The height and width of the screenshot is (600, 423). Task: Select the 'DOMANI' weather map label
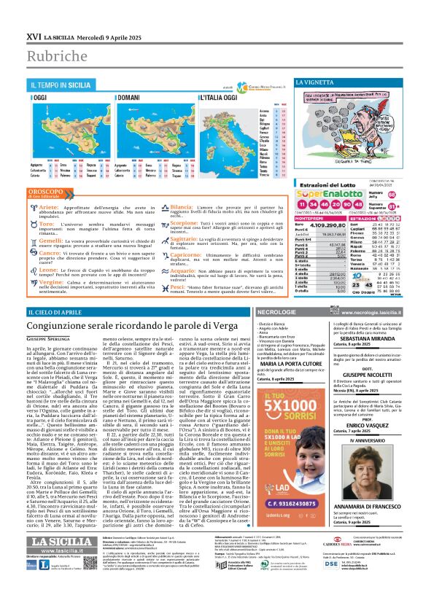tap(130, 98)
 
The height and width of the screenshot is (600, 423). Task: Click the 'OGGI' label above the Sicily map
tap(42, 98)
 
